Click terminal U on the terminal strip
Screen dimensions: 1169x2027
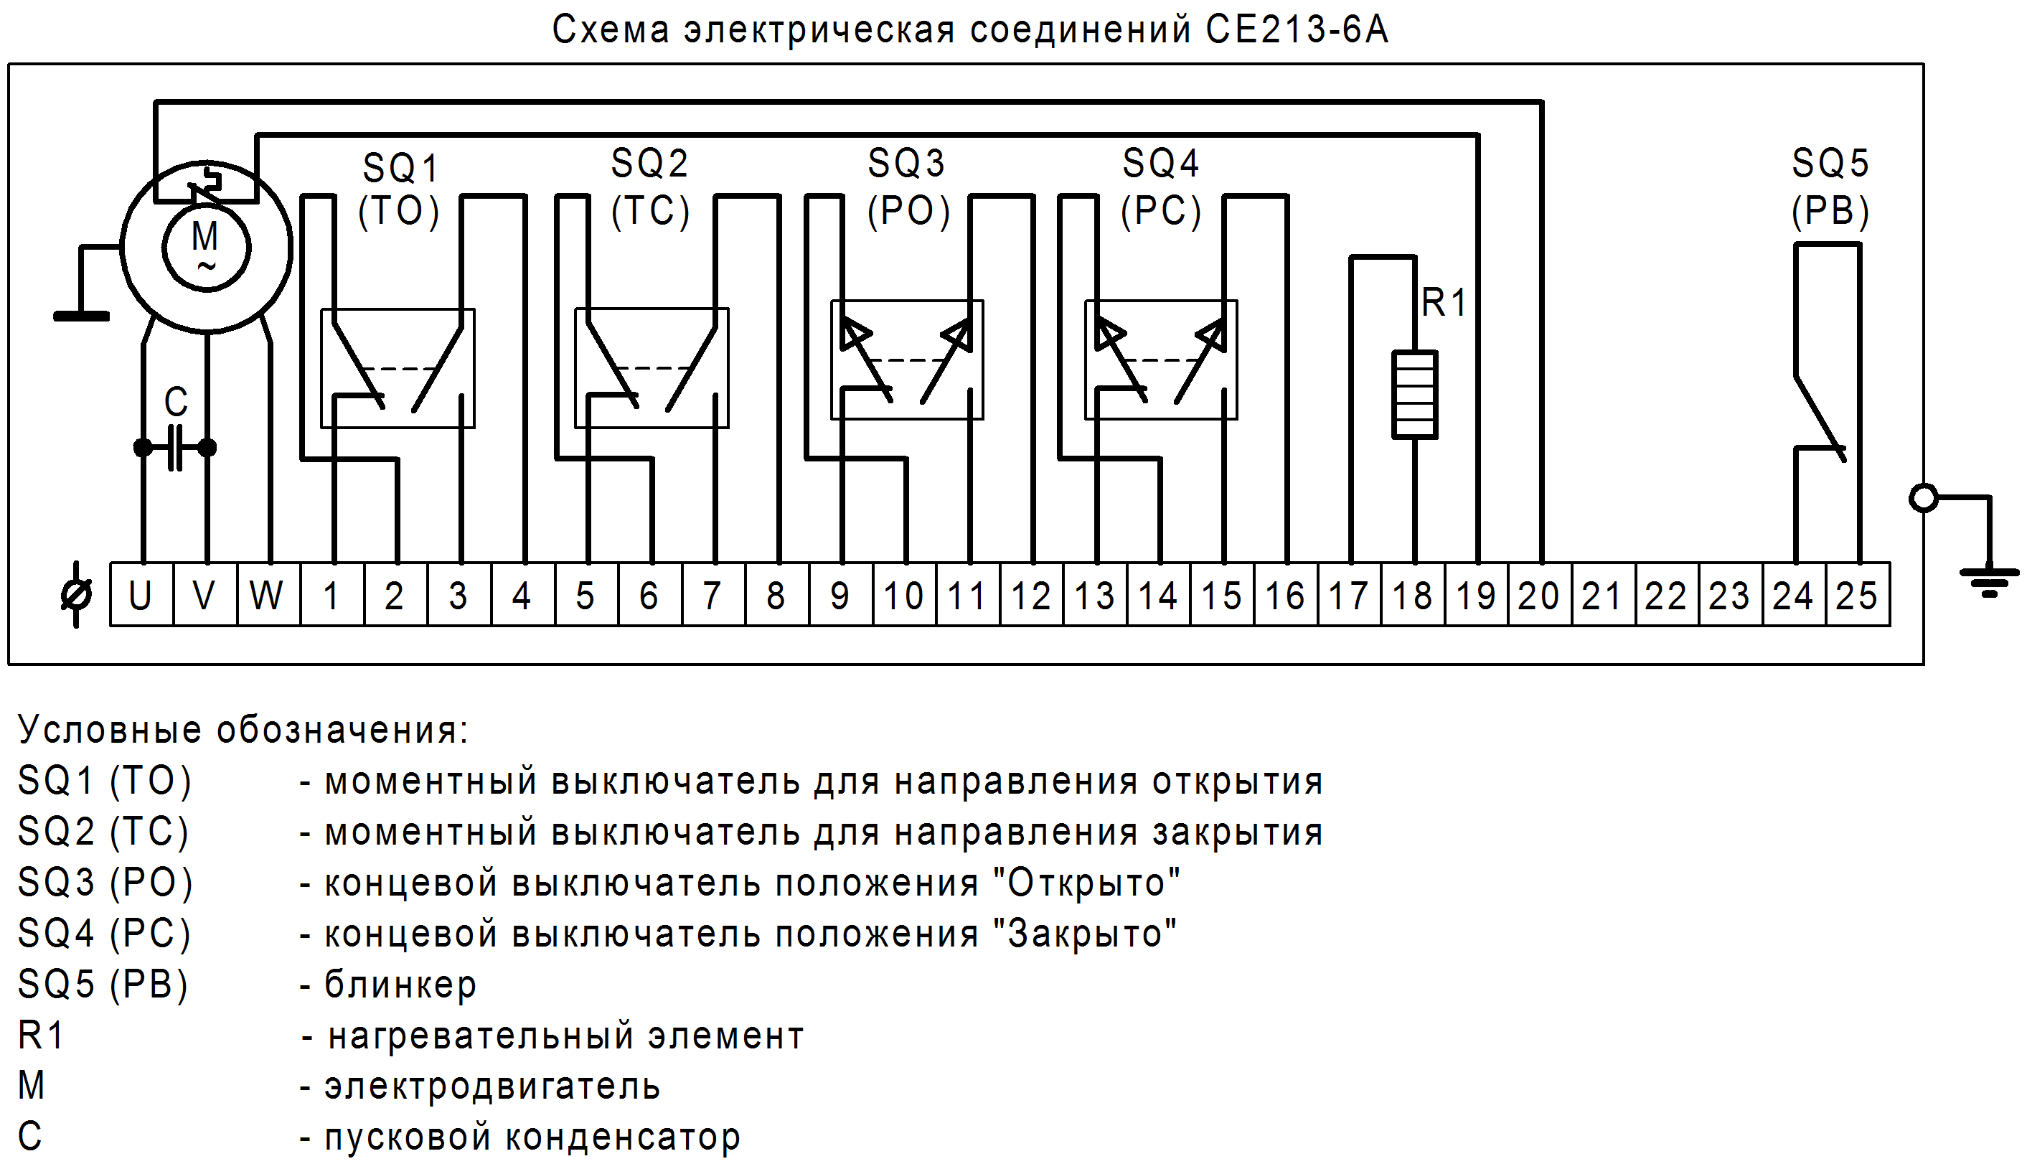point(141,596)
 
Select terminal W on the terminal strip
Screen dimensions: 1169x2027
point(266,596)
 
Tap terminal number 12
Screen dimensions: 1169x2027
point(1031,596)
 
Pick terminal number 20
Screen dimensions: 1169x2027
point(1538,596)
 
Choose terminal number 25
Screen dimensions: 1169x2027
point(1857,596)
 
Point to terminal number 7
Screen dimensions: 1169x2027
point(712,596)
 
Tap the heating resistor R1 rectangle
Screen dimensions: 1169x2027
point(1414,394)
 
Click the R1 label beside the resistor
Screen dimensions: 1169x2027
point(1444,304)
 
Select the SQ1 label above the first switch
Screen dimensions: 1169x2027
point(400,169)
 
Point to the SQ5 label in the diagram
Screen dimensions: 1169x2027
point(1830,164)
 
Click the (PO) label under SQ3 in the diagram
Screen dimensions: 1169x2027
point(908,212)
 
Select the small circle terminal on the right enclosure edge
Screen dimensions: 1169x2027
point(1924,499)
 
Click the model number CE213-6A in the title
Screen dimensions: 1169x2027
point(1296,31)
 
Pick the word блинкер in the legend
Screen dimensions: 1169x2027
point(400,985)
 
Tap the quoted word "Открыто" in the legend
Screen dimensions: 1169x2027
point(1086,883)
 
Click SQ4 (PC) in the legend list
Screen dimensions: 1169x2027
point(104,934)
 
